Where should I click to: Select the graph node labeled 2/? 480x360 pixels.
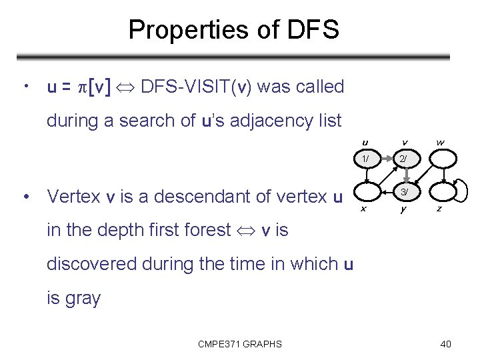405,159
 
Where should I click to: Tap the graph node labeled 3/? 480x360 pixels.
405,193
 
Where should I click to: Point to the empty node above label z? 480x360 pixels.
440,193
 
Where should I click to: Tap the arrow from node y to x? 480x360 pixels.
385,193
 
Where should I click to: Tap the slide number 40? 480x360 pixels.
446,344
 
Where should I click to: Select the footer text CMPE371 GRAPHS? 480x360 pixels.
240,344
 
